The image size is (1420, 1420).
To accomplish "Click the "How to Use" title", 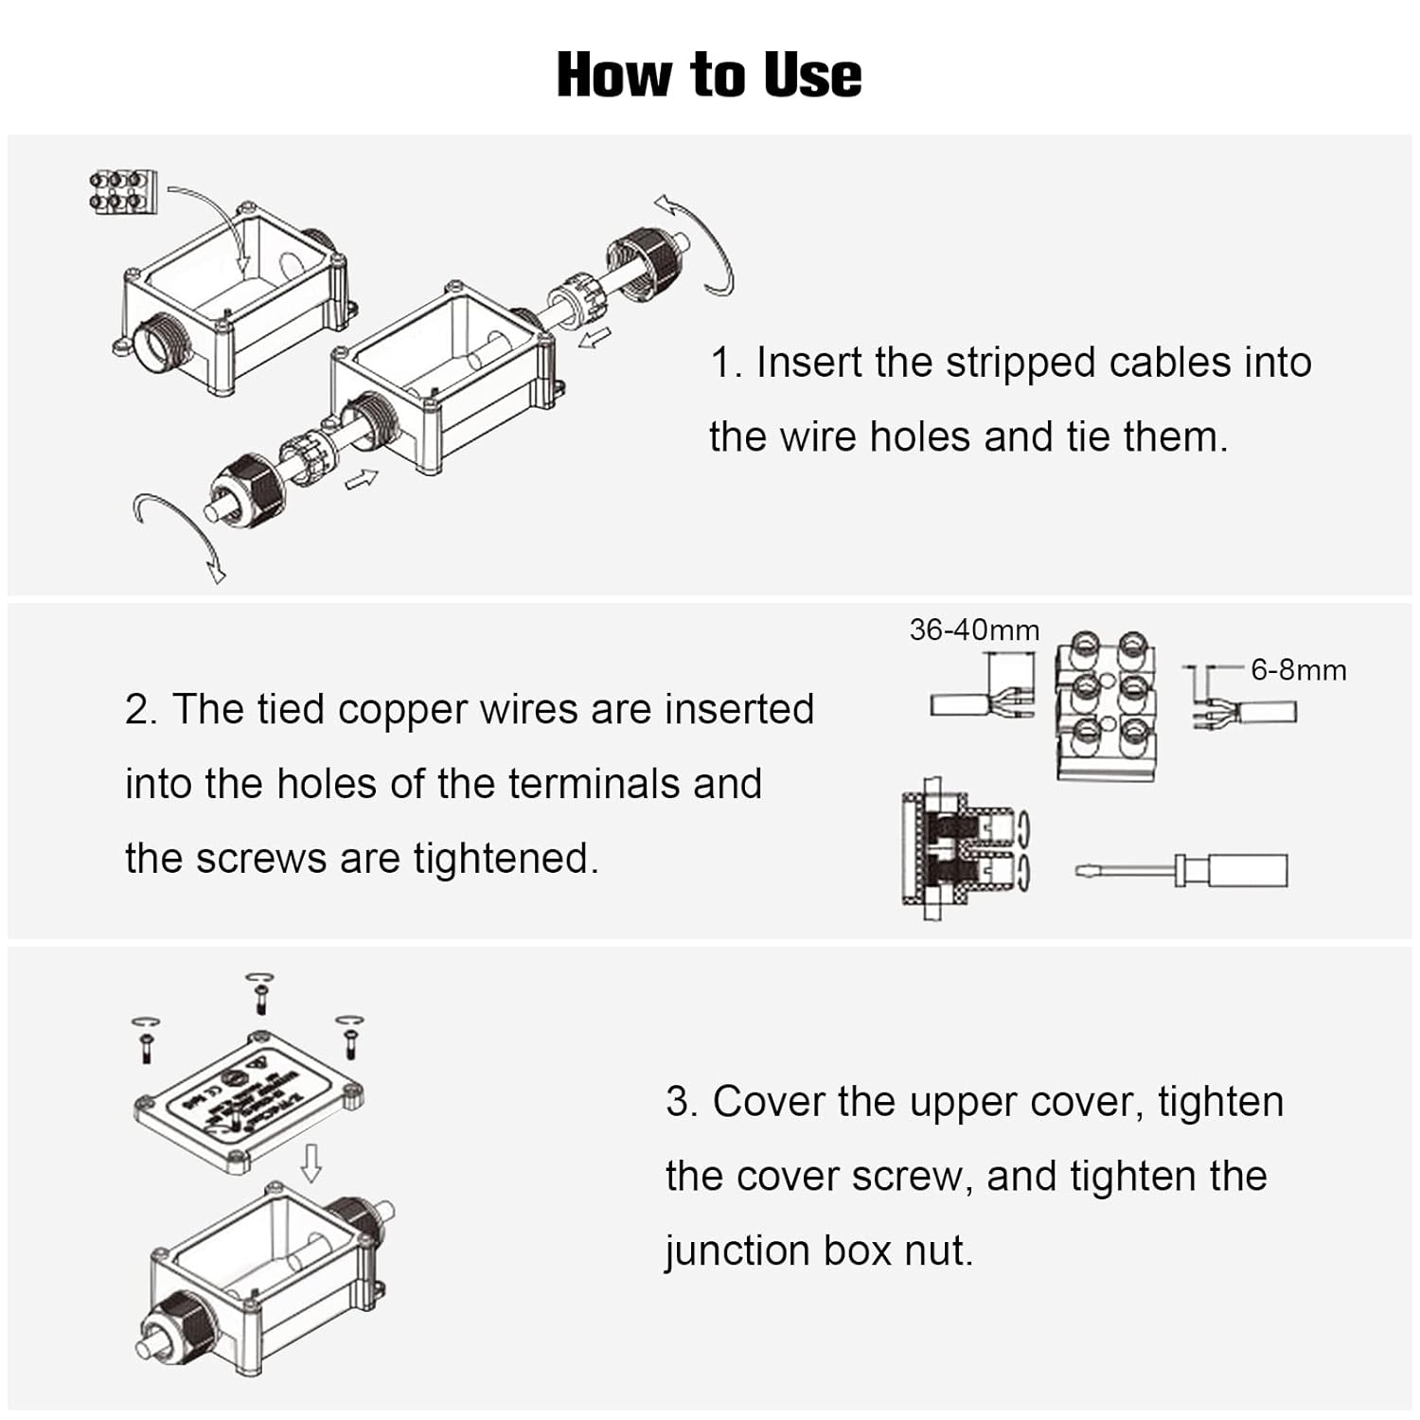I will (x=709, y=75).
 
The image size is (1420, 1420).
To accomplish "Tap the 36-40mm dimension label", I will (x=974, y=630).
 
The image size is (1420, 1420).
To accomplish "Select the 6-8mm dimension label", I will (x=1298, y=670).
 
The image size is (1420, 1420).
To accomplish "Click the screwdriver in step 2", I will (x=1183, y=870).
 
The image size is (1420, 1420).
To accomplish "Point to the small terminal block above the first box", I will (x=122, y=188).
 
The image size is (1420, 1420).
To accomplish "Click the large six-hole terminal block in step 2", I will (x=1107, y=705).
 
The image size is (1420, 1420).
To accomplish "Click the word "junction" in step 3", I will (x=737, y=1251).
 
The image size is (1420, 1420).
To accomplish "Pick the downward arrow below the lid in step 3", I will (x=311, y=1163).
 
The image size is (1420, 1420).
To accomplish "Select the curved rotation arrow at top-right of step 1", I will (x=697, y=242).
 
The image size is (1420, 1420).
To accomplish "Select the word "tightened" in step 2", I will (x=506, y=859).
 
